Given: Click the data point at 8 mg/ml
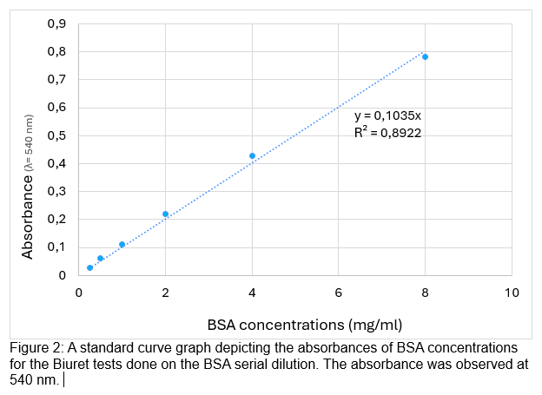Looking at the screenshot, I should [x=425, y=57].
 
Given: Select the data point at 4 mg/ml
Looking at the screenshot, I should [x=252, y=156].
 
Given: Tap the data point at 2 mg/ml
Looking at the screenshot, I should [x=165, y=214].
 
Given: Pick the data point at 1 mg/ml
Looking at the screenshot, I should [x=122, y=245].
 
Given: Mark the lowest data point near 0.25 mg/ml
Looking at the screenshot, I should [x=89, y=267].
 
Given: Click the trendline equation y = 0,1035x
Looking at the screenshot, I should [x=387, y=116].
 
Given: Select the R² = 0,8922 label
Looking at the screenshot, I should [x=387, y=133].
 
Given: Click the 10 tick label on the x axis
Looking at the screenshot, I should [x=512, y=293].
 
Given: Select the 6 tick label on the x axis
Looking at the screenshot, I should [x=339, y=293].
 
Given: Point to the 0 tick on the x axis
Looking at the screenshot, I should [x=79, y=293].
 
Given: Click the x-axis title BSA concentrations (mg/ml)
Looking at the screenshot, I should [x=304, y=325].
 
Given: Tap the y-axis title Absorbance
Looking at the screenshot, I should [x=28, y=214].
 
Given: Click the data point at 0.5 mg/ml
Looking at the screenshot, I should [x=100, y=259].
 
